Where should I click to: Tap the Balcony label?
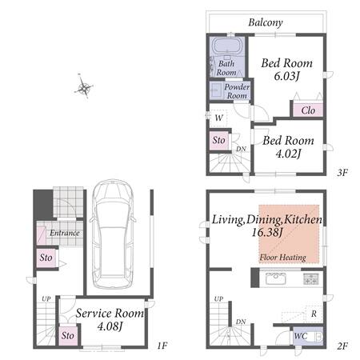pos(266,22)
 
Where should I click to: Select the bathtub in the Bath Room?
pos(227,46)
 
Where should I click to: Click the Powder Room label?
pos(237,91)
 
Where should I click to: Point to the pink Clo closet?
pos(308,110)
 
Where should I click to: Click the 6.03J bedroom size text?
pos(287,76)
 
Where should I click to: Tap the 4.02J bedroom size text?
pos(288,154)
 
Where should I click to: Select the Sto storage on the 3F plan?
pos(219,140)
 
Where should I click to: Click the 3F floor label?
pos(342,173)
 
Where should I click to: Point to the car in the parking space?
pos(113,234)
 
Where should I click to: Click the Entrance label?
pos(65,233)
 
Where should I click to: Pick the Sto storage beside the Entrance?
pos(46,258)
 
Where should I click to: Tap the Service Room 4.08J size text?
pos(110,326)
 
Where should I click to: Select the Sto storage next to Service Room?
pos(68,335)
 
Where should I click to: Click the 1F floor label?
pos(162,346)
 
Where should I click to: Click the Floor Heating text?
pos(283,258)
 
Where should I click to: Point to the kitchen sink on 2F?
pos(276,278)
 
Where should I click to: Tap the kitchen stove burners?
pos(311,279)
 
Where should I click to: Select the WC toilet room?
pos(308,336)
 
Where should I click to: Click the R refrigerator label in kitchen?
pos(314,314)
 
